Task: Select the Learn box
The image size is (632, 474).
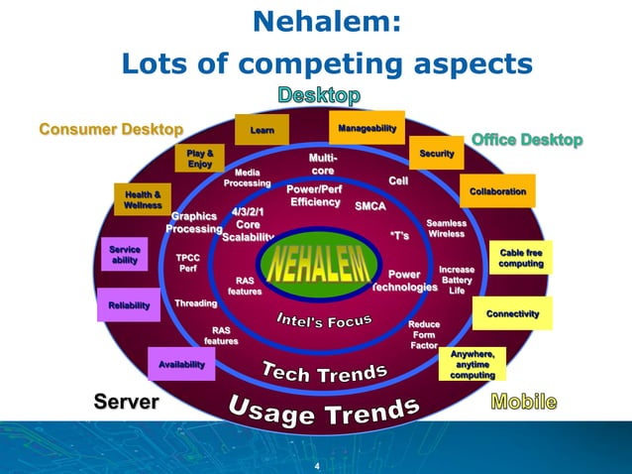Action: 263,129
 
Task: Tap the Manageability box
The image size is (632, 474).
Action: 367,129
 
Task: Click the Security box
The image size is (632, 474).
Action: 437,154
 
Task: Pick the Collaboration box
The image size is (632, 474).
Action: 497,190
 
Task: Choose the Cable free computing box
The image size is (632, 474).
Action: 520,259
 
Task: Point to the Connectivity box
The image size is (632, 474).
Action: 512,313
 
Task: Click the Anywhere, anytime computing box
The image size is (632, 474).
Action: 473,365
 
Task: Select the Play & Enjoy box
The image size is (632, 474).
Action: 200,158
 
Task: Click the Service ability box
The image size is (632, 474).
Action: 125,255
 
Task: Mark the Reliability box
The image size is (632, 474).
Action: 129,306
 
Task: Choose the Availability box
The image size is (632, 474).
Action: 181,365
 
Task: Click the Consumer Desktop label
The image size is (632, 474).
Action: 111,129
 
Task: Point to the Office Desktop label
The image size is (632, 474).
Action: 527,140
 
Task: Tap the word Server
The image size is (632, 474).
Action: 126,401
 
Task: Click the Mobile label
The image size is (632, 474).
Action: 524,402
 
